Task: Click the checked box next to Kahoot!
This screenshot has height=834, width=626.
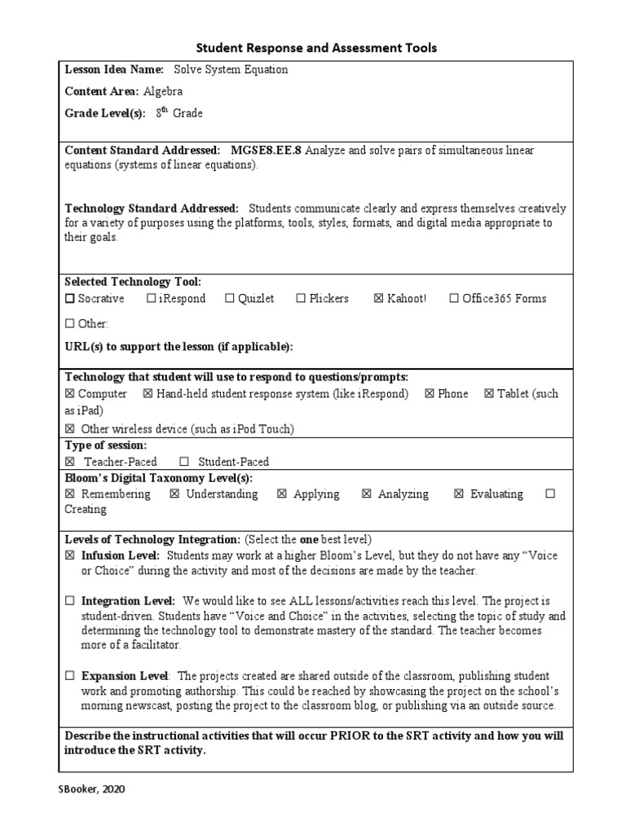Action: [378, 299]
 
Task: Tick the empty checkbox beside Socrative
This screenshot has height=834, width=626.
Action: [69, 299]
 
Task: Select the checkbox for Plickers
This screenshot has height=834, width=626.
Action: [301, 299]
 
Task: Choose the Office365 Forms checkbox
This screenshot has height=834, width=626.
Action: [454, 299]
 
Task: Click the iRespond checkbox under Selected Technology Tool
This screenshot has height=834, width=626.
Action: [151, 299]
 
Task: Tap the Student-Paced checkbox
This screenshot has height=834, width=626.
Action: [184, 462]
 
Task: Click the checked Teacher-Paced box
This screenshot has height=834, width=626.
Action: [69, 462]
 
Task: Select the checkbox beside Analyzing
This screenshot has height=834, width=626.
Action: [366, 494]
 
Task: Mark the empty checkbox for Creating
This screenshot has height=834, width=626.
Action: [550, 494]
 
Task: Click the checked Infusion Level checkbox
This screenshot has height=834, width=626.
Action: [69, 555]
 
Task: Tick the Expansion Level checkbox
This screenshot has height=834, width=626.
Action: [69, 676]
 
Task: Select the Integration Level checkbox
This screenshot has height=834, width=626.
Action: [69, 601]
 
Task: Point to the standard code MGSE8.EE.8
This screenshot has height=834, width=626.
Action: [266, 151]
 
